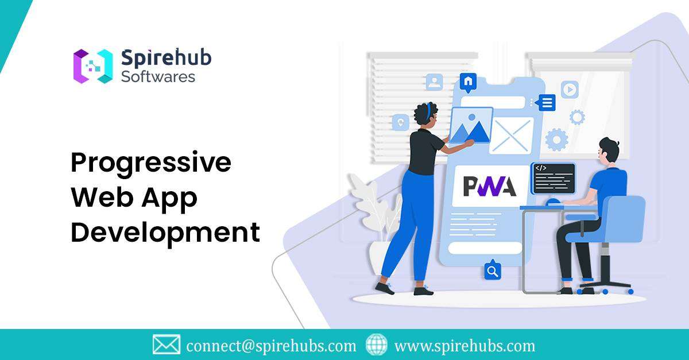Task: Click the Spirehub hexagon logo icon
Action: tap(92, 66)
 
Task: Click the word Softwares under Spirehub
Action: tap(158, 76)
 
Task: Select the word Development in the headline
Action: tap(165, 233)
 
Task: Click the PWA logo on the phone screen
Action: tap(490, 186)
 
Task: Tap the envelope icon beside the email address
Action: tap(167, 344)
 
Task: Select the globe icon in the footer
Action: tap(377, 344)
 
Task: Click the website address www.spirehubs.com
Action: tap(465, 346)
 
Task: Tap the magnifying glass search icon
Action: tap(492, 270)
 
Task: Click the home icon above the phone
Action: tap(469, 82)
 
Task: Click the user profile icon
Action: tap(434, 82)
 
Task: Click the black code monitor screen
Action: tap(553, 178)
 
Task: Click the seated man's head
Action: tap(608, 152)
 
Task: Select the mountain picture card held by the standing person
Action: tap(471, 125)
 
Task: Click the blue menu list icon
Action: tap(546, 103)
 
